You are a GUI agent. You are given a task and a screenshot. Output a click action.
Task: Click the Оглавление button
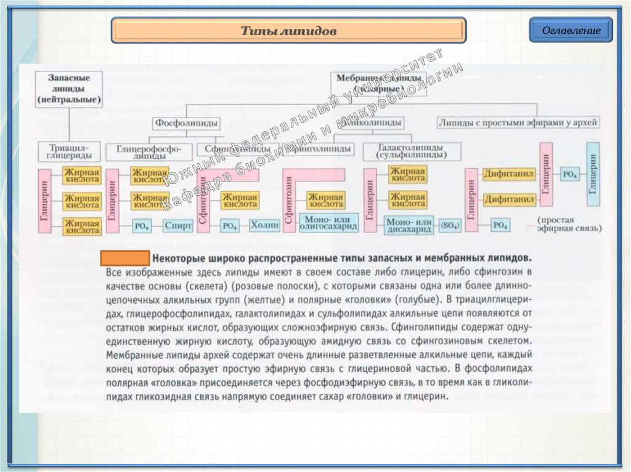tap(571, 30)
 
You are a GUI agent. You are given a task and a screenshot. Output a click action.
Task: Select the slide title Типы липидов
tap(288, 31)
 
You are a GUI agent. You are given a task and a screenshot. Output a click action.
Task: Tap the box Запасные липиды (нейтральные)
tap(68, 88)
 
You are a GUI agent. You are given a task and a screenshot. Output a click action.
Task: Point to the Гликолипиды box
tap(372, 123)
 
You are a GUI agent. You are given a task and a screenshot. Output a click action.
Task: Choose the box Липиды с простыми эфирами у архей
tap(518, 123)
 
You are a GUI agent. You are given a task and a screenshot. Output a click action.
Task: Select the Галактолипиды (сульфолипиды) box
tap(411, 152)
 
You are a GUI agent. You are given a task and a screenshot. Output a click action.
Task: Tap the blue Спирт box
tap(178, 226)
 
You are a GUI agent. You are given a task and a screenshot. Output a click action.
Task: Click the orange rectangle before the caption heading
tap(125, 258)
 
